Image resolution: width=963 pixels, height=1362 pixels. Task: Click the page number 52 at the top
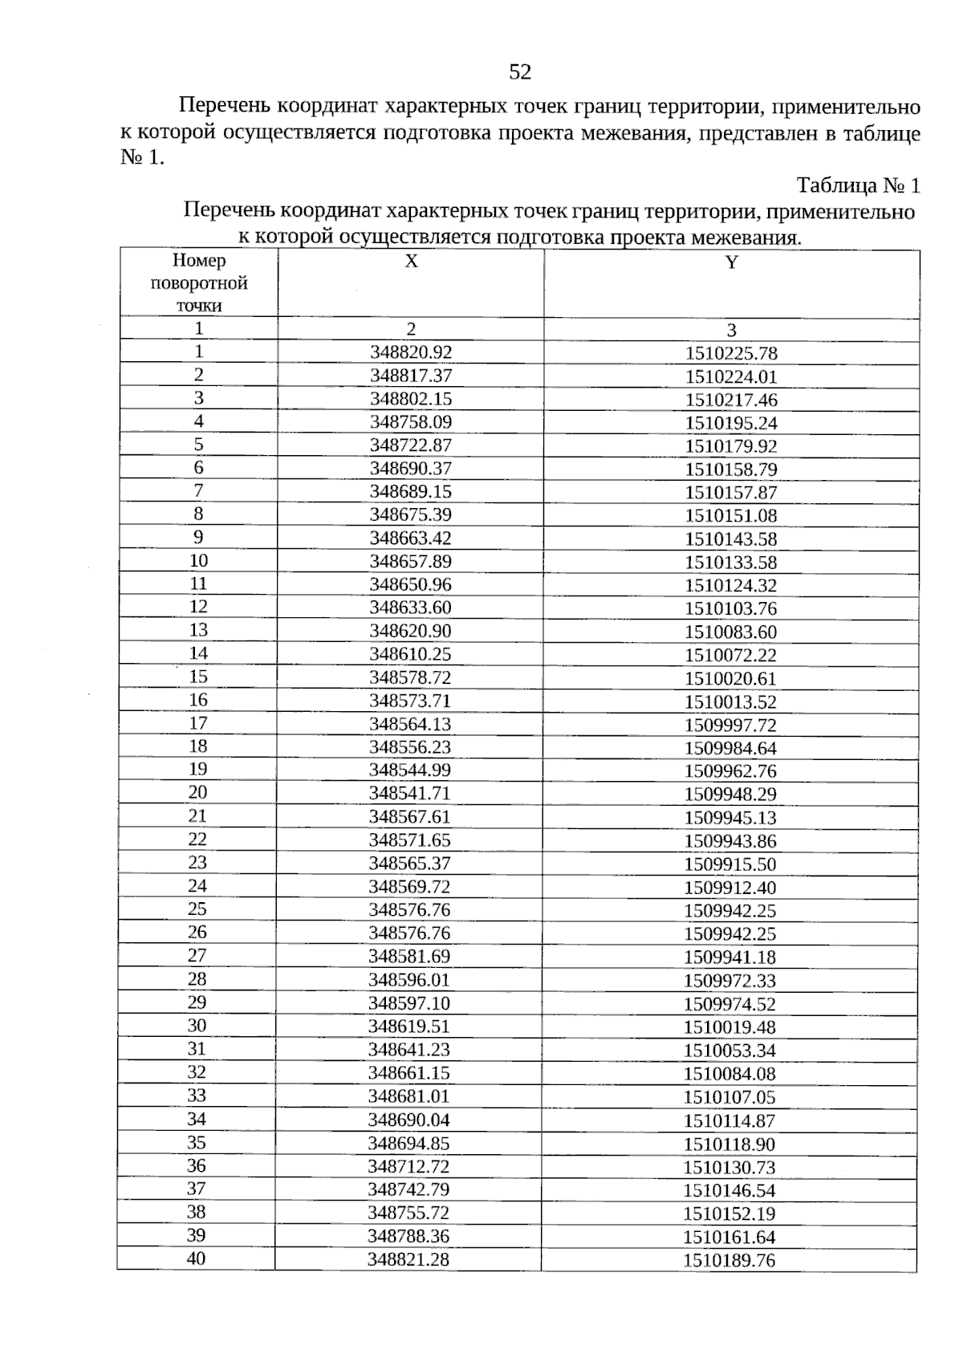[x=520, y=73]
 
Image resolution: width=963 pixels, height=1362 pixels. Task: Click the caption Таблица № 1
[x=857, y=186]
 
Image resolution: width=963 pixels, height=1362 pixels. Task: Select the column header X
[x=411, y=262]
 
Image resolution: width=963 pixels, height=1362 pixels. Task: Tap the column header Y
[x=731, y=262]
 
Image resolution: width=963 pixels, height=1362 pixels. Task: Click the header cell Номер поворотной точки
[x=199, y=283]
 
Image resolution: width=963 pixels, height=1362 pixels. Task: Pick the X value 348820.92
[x=411, y=352]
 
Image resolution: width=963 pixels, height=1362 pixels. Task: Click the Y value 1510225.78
[x=731, y=353]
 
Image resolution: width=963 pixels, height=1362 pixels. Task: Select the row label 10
[x=198, y=560]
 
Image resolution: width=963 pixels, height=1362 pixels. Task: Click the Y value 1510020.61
[x=730, y=678]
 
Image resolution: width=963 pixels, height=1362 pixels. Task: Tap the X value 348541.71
[x=410, y=794]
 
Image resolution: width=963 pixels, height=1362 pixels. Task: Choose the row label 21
[x=197, y=816]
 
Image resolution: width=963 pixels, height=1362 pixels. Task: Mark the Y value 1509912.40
[x=730, y=888]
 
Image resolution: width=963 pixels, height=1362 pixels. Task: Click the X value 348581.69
[x=410, y=957]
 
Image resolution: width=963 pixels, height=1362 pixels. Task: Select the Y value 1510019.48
[x=729, y=1027]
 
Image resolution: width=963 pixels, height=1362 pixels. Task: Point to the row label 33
[x=197, y=1096]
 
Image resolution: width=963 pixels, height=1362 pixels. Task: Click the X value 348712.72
[x=409, y=1166]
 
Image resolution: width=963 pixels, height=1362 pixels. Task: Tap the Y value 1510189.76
[x=729, y=1260]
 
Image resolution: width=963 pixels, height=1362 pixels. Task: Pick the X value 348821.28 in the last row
[x=408, y=1259]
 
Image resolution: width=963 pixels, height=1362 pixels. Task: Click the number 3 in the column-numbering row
[x=731, y=330]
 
